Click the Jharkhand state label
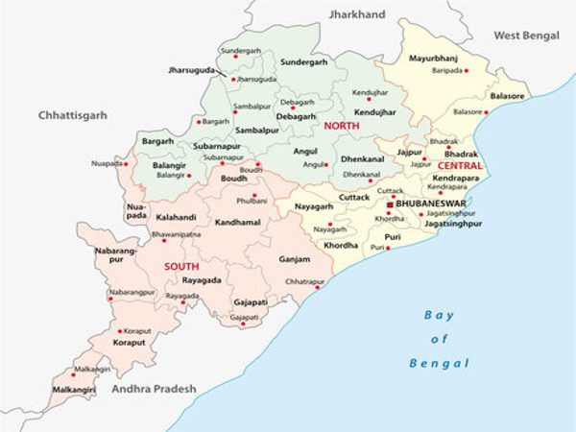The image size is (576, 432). pos(357,14)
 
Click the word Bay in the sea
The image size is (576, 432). pos(440,316)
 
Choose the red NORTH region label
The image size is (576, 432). pos(341,126)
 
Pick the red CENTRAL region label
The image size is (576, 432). pos(460,166)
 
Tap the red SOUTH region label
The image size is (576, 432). pos(181,266)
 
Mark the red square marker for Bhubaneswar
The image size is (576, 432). pos(390,205)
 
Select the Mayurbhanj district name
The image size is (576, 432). pos(434,58)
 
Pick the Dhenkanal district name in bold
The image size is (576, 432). pos(362,159)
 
